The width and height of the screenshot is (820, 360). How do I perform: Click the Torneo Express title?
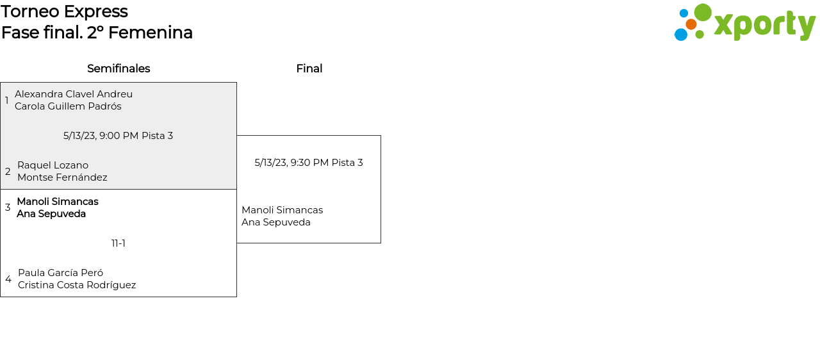[64, 12]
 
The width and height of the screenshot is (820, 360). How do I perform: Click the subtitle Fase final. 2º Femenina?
[97, 33]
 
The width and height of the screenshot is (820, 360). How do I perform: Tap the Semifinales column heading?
[119, 69]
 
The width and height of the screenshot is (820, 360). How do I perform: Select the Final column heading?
[309, 69]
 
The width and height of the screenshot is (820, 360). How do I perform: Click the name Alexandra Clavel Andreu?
[74, 94]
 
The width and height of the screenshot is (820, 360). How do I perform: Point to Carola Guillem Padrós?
[68, 106]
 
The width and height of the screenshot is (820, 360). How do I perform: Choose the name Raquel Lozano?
[53, 165]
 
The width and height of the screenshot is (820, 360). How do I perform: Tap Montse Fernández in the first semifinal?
[62, 177]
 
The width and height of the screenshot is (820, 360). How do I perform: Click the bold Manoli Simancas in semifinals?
[58, 202]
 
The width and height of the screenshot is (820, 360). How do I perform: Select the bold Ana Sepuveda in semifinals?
[51, 214]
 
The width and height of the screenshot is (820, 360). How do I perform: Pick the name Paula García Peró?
[60, 273]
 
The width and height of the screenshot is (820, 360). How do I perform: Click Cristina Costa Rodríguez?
[77, 285]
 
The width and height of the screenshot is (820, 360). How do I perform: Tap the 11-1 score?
[119, 243]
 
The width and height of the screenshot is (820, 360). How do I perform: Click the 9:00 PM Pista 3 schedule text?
[119, 136]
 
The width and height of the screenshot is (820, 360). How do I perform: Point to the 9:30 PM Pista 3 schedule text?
[309, 163]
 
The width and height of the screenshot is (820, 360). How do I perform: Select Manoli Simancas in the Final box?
[282, 210]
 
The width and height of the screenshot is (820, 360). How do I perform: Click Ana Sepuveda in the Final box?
[276, 222]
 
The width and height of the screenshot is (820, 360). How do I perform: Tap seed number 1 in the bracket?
[7, 100]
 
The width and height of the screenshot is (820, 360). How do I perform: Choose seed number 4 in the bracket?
[8, 279]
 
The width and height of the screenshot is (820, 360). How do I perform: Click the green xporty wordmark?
[764, 25]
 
